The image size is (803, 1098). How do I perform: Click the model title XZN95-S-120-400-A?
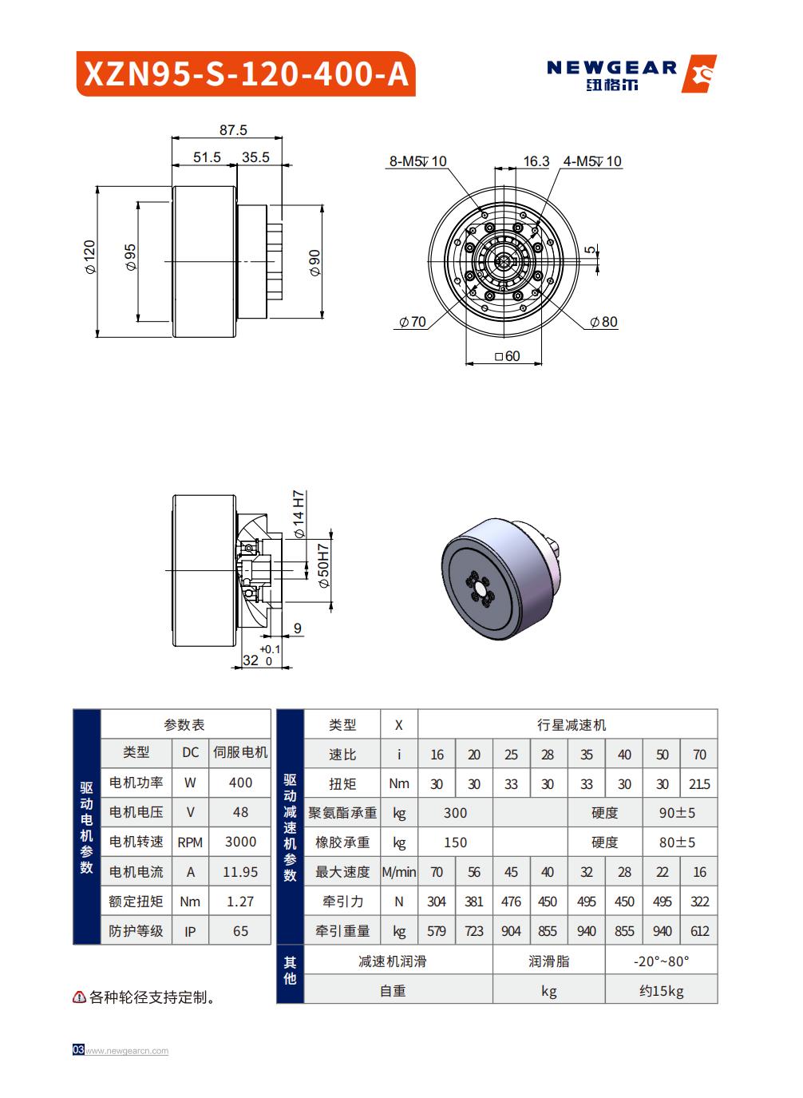pyautogui.click(x=246, y=74)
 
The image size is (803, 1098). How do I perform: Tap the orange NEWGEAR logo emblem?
pyautogui.click(x=698, y=73)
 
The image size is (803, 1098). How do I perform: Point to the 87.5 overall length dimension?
pyautogui.click(x=233, y=130)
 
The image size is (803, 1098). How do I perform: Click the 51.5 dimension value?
pyautogui.click(x=207, y=157)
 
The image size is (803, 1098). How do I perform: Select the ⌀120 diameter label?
pyautogui.click(x=89, y=257)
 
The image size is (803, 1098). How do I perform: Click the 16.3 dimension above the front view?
pyautogui.click(x=536, y=161)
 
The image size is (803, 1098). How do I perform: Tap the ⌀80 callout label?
pyautogui.click(x=603, y=322)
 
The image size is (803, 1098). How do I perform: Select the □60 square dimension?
pyautogui.click(x=507, y=356)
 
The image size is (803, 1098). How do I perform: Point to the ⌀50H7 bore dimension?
pyautogui.click(x=324, y=566)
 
